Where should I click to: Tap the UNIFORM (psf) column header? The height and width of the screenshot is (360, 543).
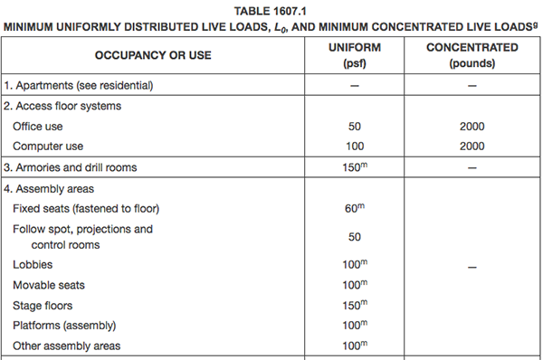tap(355, 55)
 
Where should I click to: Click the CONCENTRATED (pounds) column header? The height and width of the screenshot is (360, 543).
tap(472, 55)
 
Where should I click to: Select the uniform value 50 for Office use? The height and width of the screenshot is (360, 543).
tap(355, 127)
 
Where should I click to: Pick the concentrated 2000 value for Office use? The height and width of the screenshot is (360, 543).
tap(472, 127)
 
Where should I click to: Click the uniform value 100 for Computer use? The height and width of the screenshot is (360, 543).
tap(355, 147)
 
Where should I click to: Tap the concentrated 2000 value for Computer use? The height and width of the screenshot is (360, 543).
tap(472, 147)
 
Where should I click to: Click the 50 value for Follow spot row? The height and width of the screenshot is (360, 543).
tap(355, 237)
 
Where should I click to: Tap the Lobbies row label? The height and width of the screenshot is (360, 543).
tap(33, 264)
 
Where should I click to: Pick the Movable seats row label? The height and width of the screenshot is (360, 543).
tap(49, 285)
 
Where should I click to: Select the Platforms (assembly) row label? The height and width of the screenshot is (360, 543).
tap(64, 326)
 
